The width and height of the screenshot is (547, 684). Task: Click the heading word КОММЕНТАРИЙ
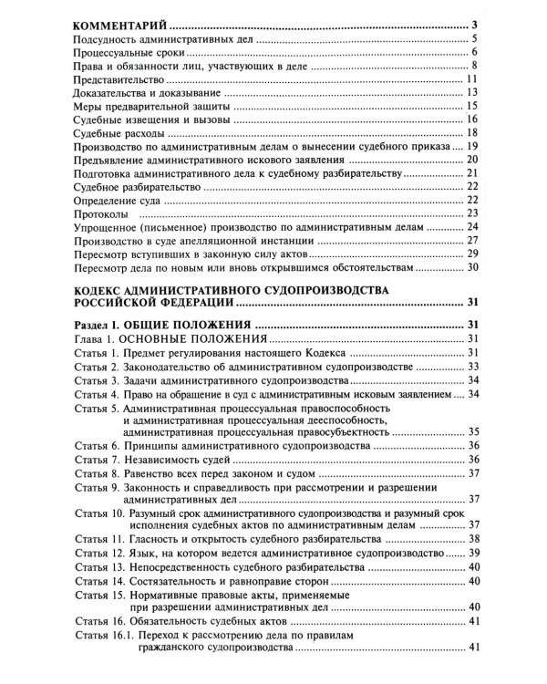117,24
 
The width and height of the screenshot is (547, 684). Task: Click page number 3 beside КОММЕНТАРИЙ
476,24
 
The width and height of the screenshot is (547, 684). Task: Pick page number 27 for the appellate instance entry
473,242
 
